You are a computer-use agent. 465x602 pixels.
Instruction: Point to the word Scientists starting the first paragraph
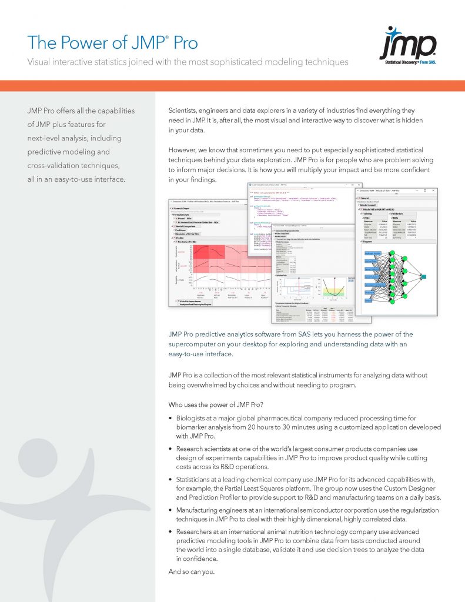(188, 111)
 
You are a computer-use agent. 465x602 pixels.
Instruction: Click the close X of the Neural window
(433, 190)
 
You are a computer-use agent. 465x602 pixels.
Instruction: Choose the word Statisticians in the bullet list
(198, 481)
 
